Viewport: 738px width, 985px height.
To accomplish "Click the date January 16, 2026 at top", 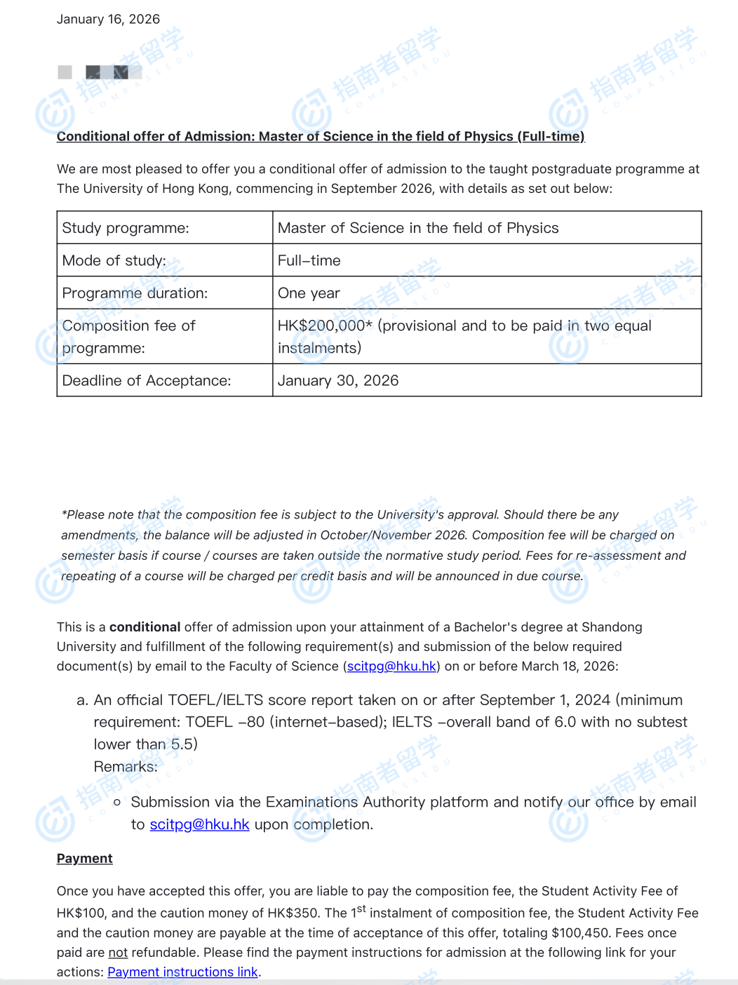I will [108, 19].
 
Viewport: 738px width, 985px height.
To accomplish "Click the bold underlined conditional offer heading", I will [320, 136].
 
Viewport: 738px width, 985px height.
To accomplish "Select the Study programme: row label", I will [126, 228].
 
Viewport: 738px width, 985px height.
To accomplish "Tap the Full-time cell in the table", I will [309, 260].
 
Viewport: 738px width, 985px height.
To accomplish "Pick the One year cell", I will [309, 293].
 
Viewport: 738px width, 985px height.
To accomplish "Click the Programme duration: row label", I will [135, 293].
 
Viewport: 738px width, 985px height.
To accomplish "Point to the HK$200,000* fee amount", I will [324, 326].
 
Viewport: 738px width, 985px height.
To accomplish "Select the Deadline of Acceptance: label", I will [146, 380].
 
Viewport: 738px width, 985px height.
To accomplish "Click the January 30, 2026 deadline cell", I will [337, 380].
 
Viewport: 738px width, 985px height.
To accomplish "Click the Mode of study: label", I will [114, 260].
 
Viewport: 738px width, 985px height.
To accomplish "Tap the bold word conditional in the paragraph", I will [145, 627].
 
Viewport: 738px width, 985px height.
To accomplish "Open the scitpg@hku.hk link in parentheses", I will [391, 666].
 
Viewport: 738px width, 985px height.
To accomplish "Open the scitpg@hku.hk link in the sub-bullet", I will [199, 824].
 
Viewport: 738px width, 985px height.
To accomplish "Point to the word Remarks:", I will [126, 767].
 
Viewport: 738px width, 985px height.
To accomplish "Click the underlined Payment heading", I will [84, 859].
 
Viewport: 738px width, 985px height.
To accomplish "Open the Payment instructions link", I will [182, 972].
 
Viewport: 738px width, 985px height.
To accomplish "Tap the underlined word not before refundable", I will [118, 953].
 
